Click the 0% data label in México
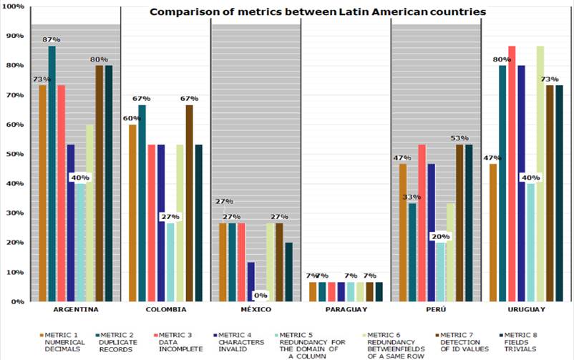260,295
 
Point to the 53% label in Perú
459,137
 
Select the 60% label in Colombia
131,118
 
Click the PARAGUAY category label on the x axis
346,309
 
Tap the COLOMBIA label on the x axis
165,309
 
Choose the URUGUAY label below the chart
525,309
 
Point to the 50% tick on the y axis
14,154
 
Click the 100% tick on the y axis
12,6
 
